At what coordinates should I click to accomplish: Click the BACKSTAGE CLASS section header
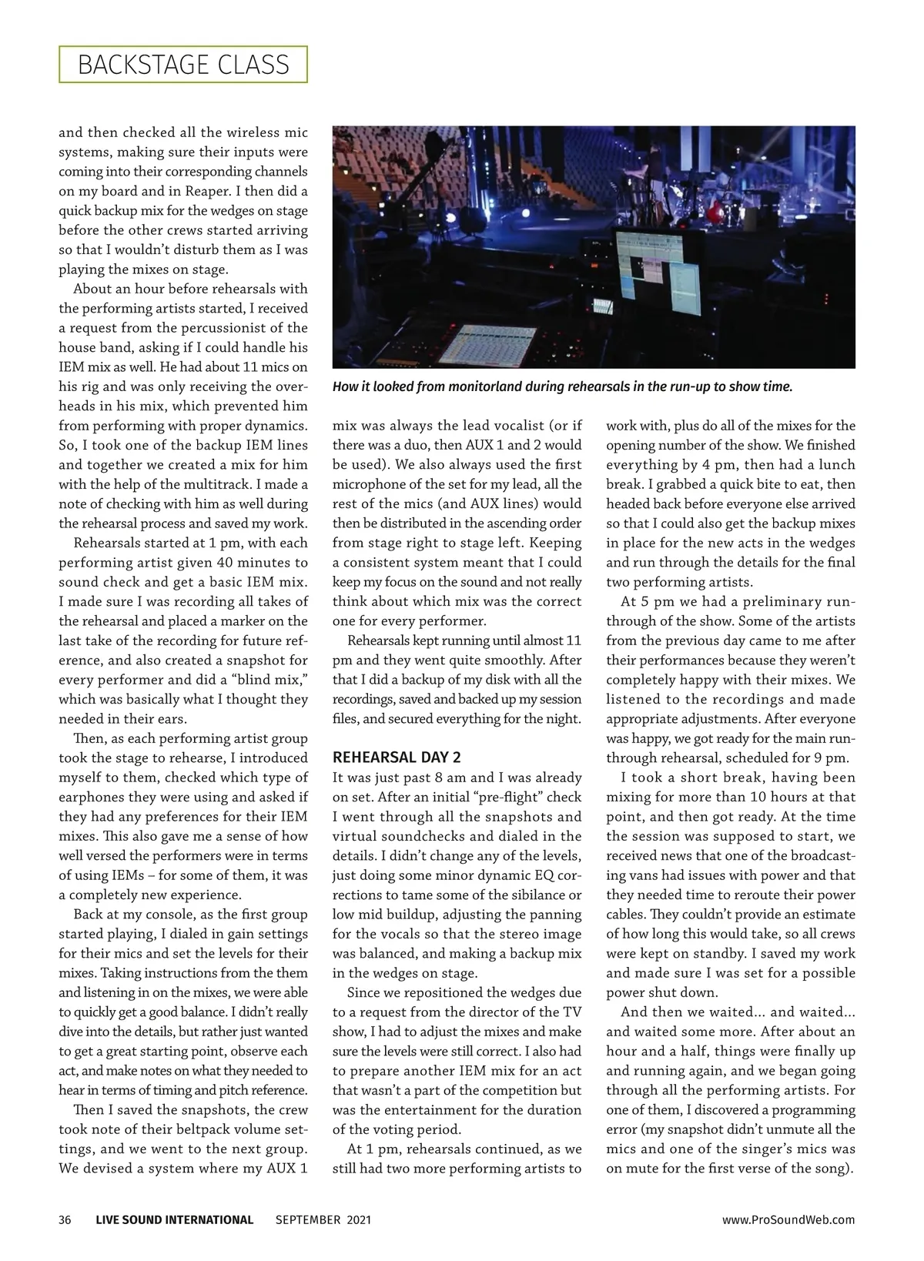click(x=183, y=65)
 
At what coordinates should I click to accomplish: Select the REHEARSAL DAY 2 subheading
click(x=397, y=758)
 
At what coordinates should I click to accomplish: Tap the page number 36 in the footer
click(x=65, y=1219)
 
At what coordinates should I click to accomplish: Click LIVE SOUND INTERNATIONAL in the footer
click(x=175, y=1219)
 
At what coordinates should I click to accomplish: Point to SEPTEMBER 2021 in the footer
click(x=323, y=1219)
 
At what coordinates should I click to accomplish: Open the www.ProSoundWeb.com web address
click(x=788, y=1219)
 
